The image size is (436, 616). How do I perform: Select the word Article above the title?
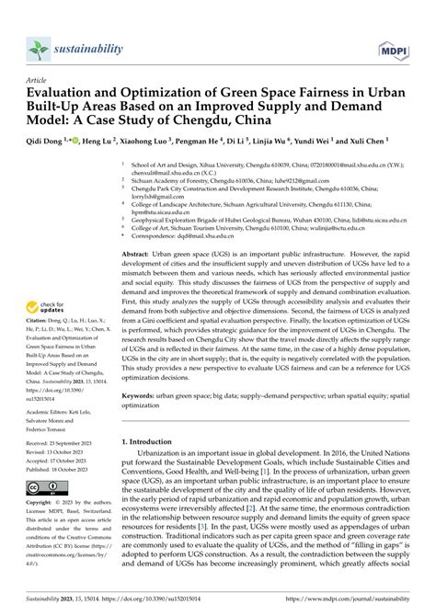pos(39,80)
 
